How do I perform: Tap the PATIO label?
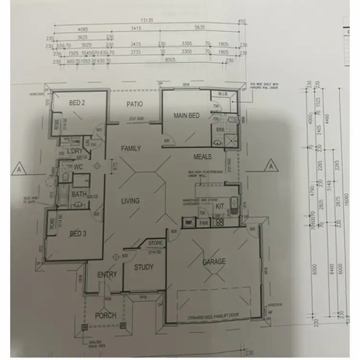point(135,104)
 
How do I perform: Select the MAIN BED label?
point(187,116)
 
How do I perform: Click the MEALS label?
point(203,156)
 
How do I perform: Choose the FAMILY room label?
point(131,149)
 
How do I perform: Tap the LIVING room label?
point(131,201)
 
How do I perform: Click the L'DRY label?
point(76,152)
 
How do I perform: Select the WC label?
point(78,168)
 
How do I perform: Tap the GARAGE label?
point(214,262)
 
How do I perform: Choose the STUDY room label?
point(144,267)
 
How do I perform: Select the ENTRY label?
point(107,275)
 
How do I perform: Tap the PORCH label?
point(105,315)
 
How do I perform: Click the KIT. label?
point(220,206)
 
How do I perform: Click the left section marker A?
point(19,169)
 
